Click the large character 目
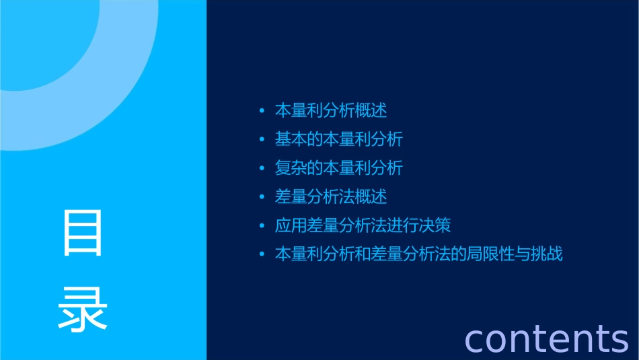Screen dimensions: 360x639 pyautogui.click(x=83, y=233)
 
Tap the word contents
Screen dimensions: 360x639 pyautogui.click(x=546, y=338)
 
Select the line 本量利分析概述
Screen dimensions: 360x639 pyautogui.click(x=331, y=110)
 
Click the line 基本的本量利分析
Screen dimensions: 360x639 pyautogui.click(x=338, y=139)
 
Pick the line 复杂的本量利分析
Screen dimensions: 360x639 pyautogui.click(x=338, y=168)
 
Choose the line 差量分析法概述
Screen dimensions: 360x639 pyautogui.click(x=331, y=196)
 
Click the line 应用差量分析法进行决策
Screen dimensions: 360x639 pyautogui.click(x=363, y=225)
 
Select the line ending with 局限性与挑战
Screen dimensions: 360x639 pyautogui.click(x=418, y=254)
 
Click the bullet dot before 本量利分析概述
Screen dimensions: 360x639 pyautogui.click(x=262, y=110)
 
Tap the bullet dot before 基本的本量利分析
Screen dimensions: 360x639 pyautogui.click(x=262, y=139)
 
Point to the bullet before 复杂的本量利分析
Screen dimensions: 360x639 pyautogui.click(x=262, y=168)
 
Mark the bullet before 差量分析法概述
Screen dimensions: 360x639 pyautogui.click(x=262, y=197)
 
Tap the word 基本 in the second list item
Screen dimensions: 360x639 pyautogui.click(x=291, y=139)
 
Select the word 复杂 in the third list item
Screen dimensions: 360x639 pyautogui.click(x=291, y=168)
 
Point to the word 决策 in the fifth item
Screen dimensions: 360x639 pyautogui.click(x=435, y=225)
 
